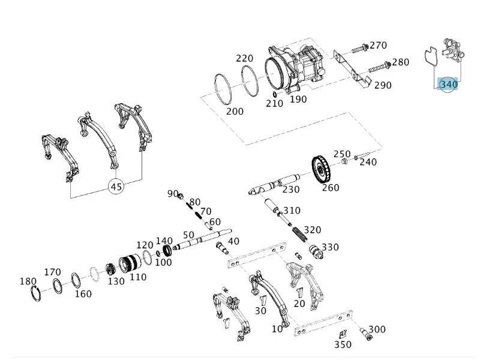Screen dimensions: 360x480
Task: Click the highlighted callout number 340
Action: click(448, 85)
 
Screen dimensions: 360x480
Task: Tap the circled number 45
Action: click(116, 187)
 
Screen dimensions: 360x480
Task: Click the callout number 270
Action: click(378, 46)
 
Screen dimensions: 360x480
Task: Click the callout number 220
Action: click(244, 58)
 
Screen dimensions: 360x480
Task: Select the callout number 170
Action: click(52, 272)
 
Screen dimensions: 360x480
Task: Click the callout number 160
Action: click(83, 293)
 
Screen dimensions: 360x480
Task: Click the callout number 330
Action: click(330, 247)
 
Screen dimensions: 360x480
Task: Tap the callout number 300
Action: click(377, 329)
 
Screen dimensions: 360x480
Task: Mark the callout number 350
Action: click(343, 345)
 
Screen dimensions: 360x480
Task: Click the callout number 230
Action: click(291, 190)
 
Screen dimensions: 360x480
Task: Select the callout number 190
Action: click(298, 99)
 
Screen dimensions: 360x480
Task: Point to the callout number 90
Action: click(173, 194)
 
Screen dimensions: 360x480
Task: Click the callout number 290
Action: click(383, 85)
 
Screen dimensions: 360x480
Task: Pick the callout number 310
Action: click(292, 211)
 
